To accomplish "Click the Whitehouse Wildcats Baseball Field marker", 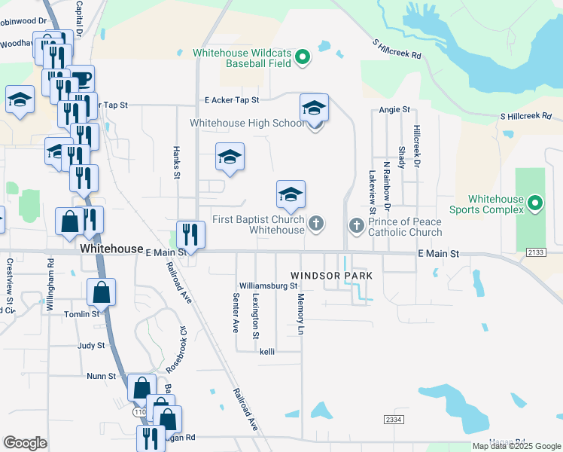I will tap(302, 57).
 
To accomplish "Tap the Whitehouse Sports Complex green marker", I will tap(534, 203).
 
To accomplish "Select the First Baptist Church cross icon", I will tap(317, 223).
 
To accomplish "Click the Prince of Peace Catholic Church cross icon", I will tap(357, 225).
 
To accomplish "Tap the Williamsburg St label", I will tap(269, 286).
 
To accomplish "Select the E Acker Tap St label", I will tap(232, 99).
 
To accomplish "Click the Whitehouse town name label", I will tap(111, 249).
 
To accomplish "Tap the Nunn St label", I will tap(101, 375).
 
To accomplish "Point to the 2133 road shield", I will tap(536, 252).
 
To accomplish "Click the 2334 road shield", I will tap(393, 419).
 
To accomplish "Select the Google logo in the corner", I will tap(25, 443).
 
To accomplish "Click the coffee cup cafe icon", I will tap(81, 79).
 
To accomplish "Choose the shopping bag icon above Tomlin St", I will tap(101, 292).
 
